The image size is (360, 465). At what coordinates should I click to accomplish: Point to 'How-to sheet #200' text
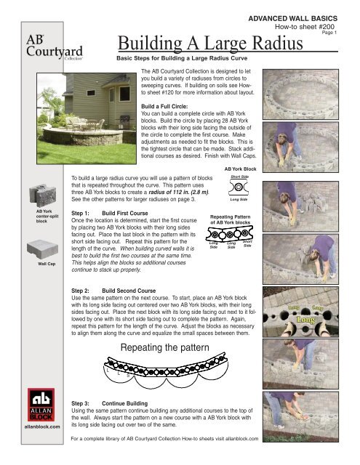pos(305,24)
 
